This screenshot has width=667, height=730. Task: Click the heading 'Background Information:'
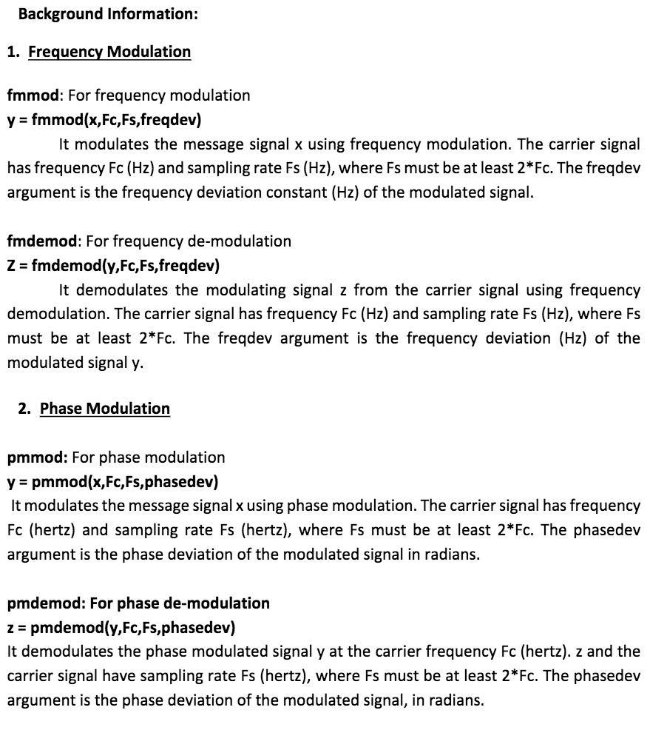click(107, 13)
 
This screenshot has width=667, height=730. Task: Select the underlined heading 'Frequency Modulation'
click(109, 52)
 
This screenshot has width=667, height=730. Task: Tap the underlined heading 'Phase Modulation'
click(105, 409)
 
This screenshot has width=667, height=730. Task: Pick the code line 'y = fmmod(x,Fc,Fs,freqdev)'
click(104, 119)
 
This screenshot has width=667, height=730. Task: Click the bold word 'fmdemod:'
click(45, 241)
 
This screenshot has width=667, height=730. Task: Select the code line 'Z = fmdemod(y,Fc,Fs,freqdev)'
click(113, 265)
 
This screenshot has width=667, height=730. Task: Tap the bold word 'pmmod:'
click(37, 457)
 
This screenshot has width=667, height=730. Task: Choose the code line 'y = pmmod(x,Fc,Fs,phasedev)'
click(112, 482)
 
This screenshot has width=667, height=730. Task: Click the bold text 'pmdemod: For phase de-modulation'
click(138, 603)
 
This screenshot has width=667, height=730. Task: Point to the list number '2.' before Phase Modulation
click(25, 409)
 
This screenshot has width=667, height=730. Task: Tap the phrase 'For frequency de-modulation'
click(189, 241)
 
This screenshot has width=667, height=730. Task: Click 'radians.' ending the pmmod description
click(451, 555)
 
